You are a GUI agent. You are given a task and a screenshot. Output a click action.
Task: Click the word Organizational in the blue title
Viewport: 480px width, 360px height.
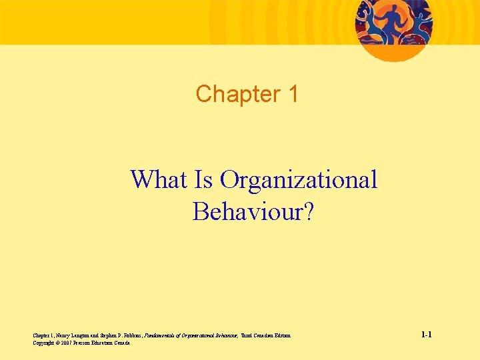[298, 179]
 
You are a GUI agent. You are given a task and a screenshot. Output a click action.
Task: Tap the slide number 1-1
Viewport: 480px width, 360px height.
[426, 335]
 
